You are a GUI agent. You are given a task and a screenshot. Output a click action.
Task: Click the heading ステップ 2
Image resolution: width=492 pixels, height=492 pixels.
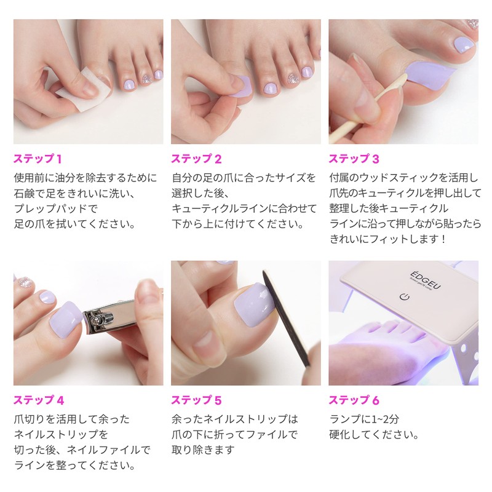[196, 159]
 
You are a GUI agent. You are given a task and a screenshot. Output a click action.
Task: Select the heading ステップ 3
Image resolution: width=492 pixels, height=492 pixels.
[354, 159]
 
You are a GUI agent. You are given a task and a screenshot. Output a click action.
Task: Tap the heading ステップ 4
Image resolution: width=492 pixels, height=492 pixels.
[39, 400]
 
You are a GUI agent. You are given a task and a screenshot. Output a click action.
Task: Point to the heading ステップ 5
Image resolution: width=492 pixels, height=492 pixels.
[196, 400]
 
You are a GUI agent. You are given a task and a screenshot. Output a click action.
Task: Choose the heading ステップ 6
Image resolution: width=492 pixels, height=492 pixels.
[354, 400]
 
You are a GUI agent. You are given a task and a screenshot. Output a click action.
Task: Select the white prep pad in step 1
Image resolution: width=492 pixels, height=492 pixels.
[83, 86]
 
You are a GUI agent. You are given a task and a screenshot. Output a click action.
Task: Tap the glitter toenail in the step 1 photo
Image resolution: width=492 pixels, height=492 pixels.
[148, 79]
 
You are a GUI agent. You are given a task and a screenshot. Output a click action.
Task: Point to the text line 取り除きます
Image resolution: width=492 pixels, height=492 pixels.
[203, 450]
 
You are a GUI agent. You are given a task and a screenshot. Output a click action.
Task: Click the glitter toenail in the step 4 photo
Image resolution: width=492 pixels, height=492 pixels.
[25, 283]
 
